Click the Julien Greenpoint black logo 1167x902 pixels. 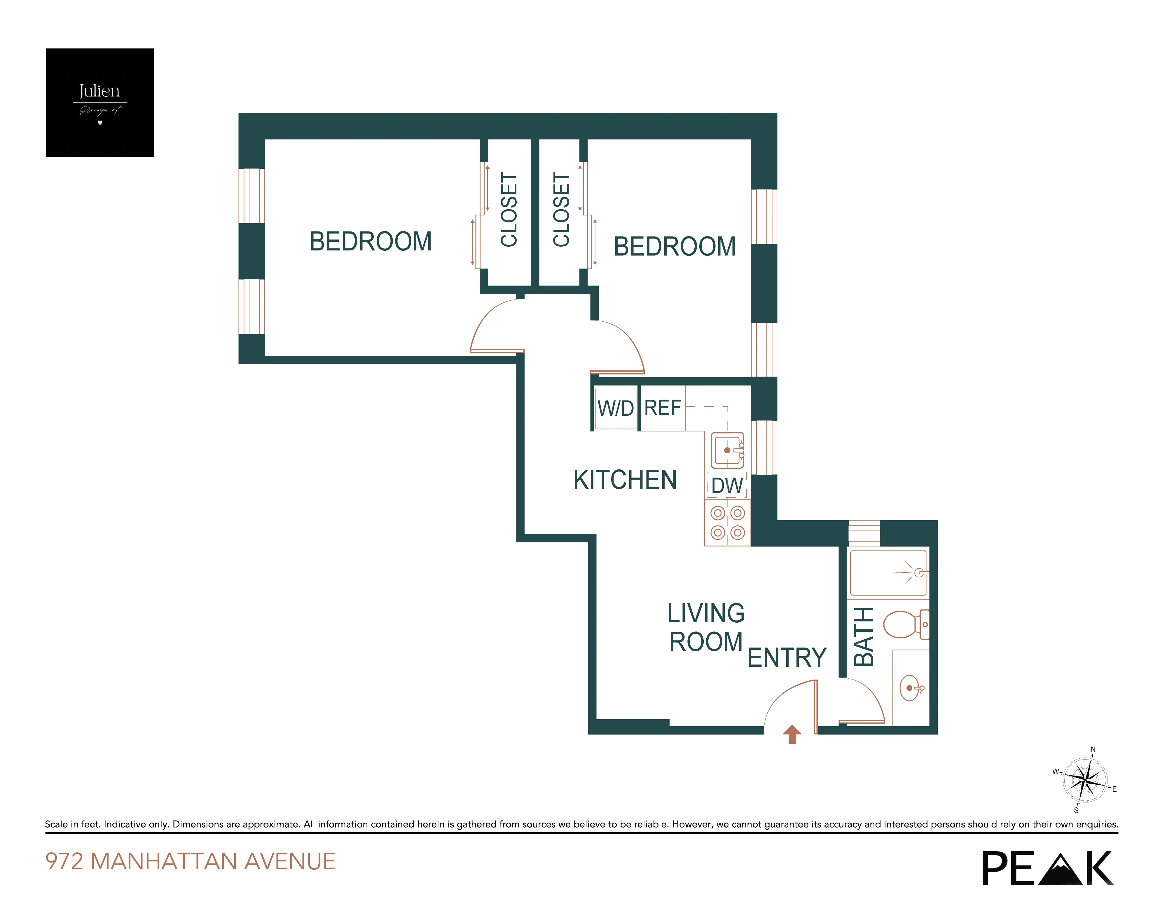(x=100, y=103)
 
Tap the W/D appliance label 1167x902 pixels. (x=616, y=408)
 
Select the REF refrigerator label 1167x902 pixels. (x=663, y=408)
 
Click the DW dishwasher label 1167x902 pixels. (x=727, y=485)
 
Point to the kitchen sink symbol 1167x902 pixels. (x=727, y=450)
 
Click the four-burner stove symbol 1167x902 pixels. (x=727, y=523)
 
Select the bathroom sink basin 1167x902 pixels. (x=910, y=688)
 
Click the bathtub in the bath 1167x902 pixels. (x=888, y=573)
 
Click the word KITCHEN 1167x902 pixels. (x=625, y=480)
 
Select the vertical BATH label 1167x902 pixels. (x=864, y=636)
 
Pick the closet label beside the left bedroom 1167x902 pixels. (x=509, y=210)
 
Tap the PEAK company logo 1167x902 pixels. (x=1047, y=868)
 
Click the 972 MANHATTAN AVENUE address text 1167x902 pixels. (x=190, y=861)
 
